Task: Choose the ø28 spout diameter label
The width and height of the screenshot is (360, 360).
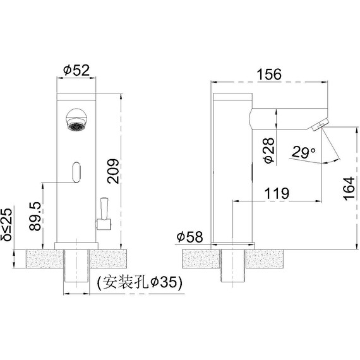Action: click(x=268, y=152)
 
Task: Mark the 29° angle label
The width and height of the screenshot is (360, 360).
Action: click(x=304, y=152)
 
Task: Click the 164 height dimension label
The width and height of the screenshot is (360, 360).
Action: click(x=348, y=188)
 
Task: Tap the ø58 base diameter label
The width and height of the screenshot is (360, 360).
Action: click(x=189, y=237)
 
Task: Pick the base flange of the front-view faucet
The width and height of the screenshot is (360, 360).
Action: click(x=77, y=244)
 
